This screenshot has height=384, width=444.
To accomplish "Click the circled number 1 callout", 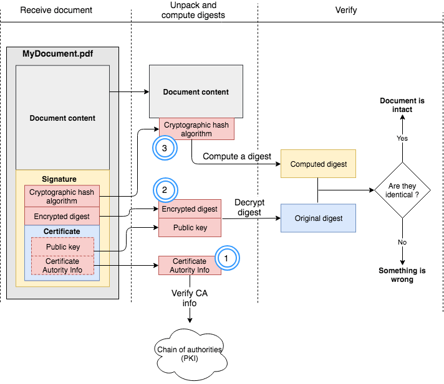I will point(227,256).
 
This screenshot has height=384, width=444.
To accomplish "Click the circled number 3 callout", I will point(164,149).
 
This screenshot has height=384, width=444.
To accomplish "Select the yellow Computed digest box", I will point(318,164).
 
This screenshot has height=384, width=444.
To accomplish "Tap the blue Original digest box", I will point(318,218).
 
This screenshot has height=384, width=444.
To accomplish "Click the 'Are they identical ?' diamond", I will point(402,190).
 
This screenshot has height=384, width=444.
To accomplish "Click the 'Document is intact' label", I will point(402,105).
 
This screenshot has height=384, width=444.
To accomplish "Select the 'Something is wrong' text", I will point(402,275).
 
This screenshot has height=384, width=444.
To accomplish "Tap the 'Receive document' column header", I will point(56,10).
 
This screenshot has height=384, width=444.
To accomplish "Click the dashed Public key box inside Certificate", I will point(62,247).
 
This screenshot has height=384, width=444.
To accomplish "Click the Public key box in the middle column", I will point(190,228).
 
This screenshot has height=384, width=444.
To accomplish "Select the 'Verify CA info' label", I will point(190,297).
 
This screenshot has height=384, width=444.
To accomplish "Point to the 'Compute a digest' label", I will point(237,156).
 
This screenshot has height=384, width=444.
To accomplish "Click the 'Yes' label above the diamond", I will point(402,138).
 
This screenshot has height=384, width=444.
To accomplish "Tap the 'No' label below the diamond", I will point(402,241).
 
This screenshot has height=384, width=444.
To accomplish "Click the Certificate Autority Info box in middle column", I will point(190,266).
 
